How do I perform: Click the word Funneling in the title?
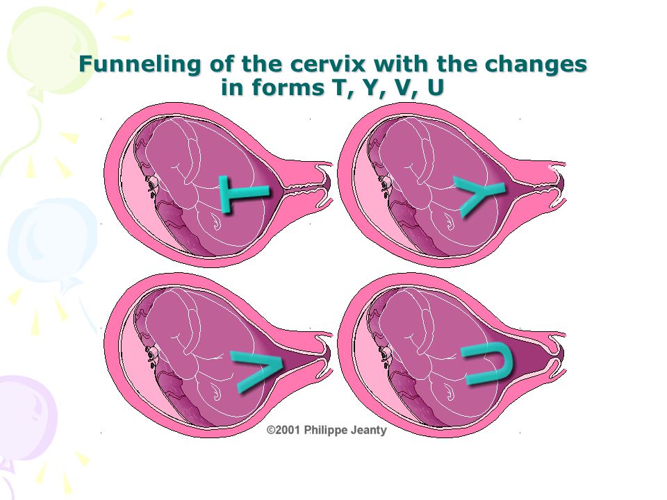pos(140,65)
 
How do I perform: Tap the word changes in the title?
pos(536,65)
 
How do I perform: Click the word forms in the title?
pos(288,87)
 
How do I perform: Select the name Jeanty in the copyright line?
pos(368,431)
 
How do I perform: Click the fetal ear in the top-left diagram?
pos(152,185)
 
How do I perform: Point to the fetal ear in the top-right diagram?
pos(385,185)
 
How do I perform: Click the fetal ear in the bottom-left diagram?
pos(152,356)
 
